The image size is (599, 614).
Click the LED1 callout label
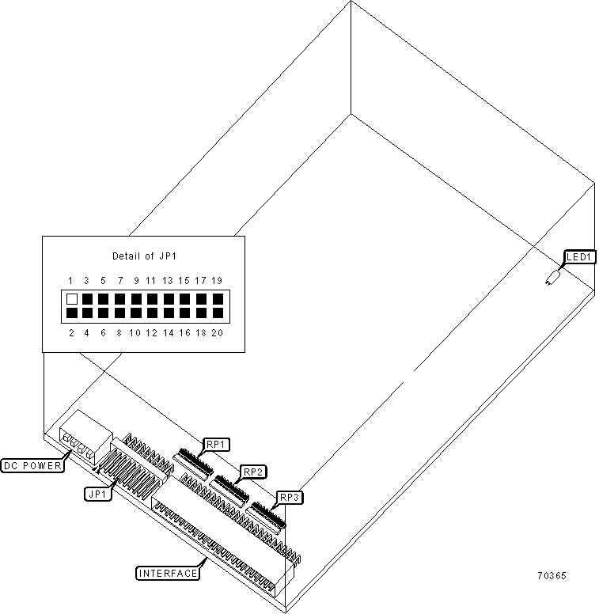tap(580, 257)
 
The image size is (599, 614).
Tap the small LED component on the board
tap(552, 279)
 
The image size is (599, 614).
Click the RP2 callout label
tap(253, 472)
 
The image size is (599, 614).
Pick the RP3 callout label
tap(290, 498)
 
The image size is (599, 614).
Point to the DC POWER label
tap(32, 465)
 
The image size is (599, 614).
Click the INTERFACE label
tap(167, 573)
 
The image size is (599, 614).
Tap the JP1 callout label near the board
tap(99, 493)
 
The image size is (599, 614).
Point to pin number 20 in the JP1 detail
tap(217, 333)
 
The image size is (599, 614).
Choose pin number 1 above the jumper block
tap(70, 281)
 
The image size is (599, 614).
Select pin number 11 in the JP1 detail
tap(151, 281)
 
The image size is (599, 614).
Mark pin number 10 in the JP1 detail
tap(135, 333)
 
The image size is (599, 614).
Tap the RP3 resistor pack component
tap(266, 515)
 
